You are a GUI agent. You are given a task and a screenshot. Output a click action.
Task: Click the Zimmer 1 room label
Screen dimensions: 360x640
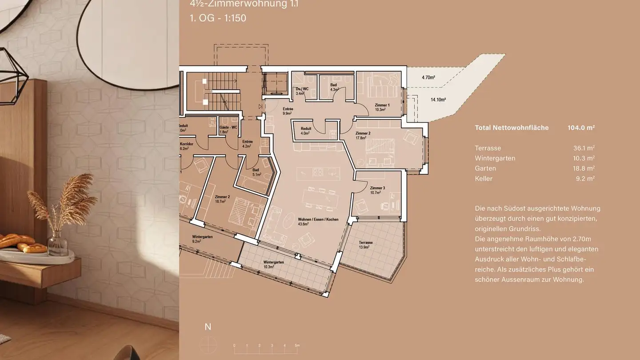(x=382, y=105)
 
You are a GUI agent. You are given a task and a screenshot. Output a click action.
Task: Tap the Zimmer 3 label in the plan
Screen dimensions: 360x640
(x=377, y=188)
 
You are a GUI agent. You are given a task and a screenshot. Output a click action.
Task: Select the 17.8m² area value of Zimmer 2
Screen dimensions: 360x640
(x=360, y=138)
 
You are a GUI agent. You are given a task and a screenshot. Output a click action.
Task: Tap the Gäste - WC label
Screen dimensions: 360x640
(x=228, y=128)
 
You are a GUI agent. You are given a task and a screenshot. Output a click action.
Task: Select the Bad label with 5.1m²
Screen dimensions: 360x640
(x=256, y=172)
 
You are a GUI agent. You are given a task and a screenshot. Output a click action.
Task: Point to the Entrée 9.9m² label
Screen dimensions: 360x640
(x=288, y=111)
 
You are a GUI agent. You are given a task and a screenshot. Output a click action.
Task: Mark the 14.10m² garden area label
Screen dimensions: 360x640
(x=438, y=100)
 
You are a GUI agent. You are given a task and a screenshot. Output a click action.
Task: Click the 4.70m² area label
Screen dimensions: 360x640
(x=428, y=77)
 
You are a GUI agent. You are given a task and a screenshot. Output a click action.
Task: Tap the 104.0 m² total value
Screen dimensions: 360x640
(x=581, y=128)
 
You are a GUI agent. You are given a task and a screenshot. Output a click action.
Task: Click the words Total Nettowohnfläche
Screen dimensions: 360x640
(x=512, y=128)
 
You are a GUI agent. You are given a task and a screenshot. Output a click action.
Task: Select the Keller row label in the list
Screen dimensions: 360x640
(x=484, y=179)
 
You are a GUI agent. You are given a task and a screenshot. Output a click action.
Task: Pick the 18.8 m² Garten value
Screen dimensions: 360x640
(x=584, y=168)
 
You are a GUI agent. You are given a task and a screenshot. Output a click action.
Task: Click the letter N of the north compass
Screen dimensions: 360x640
(x=208, y=327)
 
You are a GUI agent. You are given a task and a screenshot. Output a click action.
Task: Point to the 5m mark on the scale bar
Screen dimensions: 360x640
(x=297, y=345)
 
